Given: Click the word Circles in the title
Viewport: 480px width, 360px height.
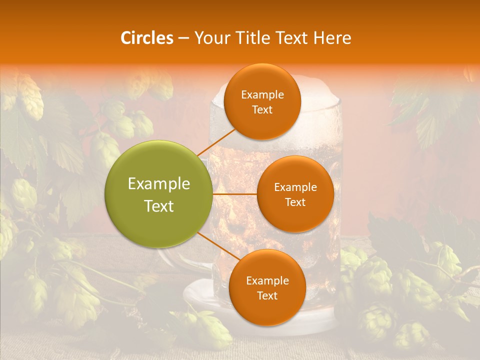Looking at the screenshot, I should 147,38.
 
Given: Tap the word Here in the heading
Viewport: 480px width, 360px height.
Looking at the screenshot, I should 332,38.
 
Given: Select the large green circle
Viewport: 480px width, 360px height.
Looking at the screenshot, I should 158,194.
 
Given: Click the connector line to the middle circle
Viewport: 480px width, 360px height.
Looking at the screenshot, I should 234,194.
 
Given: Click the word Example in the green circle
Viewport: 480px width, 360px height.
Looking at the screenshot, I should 159,184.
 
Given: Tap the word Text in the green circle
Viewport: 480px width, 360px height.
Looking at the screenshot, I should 159,206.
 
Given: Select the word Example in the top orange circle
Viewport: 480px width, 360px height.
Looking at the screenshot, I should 262,94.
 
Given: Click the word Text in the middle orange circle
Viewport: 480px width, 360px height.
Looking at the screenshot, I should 295,202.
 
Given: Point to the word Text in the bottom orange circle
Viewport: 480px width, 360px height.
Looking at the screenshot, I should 267,295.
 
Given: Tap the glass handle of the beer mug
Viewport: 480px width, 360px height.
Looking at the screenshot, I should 172,260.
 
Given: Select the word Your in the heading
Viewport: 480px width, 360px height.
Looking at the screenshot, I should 209,38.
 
